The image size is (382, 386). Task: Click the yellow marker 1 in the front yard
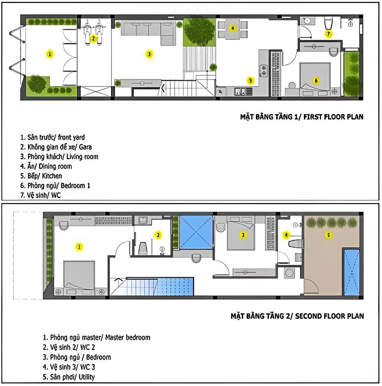click(x=50, y=54)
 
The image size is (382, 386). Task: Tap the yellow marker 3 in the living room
click(x=149, y=54)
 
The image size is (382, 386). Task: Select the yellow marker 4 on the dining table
click(x=233, y=28)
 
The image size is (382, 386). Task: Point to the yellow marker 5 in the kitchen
click(x=250, y=80)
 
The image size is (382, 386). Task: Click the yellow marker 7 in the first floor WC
click(x=329, y=34)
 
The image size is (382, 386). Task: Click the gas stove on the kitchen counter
click(x=263, y=71)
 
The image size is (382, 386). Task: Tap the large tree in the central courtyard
click(x=199, y=32)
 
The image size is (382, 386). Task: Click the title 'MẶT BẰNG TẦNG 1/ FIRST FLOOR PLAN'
click(x=302, y=116)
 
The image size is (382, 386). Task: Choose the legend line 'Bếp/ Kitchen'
click(x=41, y=176)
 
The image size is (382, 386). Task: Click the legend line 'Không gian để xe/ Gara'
click(x=56, y=147)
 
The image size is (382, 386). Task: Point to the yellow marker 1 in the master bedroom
click(x=79, y=247)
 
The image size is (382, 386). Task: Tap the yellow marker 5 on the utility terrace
click(x=329, y=235)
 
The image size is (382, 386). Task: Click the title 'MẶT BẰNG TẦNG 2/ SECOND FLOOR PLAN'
click(x=297, y=316)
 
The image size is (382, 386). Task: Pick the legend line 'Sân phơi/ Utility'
click(x=69, y=377)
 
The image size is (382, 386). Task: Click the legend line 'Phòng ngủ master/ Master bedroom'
click(x=96, y=337)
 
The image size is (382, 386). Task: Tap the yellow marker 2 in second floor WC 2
click(x=158, y=235)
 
